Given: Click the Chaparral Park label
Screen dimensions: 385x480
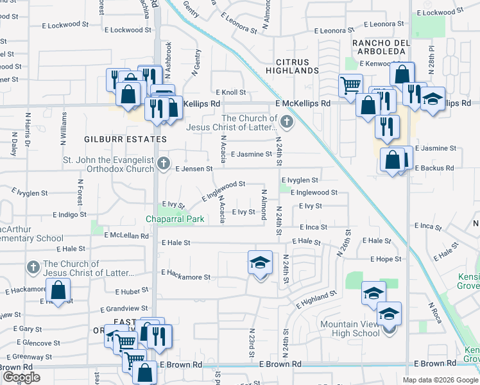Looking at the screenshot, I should click(175, 219).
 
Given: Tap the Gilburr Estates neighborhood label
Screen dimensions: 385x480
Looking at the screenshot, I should click(125, 139).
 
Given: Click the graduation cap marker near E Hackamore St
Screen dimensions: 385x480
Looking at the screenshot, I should click(261, 263).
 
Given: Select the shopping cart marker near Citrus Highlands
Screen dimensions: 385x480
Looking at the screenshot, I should click(350, 85).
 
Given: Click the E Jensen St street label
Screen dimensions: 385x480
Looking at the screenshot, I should click(194, 169).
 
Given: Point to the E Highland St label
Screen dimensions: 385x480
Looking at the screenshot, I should click(316, 298).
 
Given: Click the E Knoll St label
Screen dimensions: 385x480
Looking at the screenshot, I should click(231, 92).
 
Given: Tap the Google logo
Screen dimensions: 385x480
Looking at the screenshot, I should click(22, 377).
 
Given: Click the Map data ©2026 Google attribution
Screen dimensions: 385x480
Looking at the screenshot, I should click(440, 380).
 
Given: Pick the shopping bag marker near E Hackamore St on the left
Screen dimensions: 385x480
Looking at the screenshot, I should click(58, 291).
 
